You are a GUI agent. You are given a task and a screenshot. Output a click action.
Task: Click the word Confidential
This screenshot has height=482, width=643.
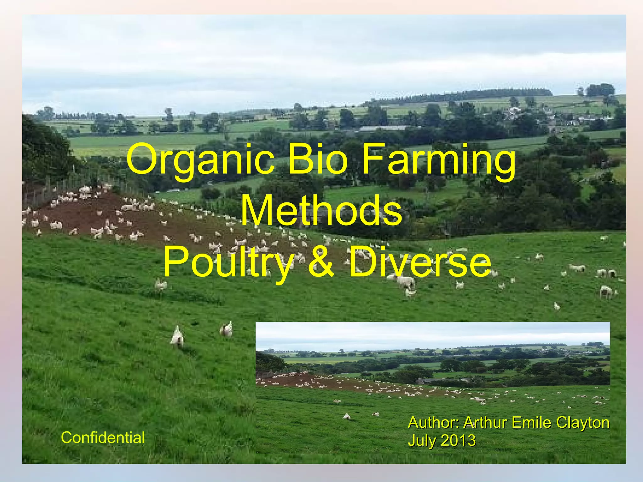[103, 437]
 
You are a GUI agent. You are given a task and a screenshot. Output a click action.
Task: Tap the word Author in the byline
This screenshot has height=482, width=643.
[434, 422]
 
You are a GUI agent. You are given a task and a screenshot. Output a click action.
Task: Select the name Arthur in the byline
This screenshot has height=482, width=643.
[485, 422]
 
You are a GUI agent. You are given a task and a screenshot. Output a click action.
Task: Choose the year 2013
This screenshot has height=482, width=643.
[458, 440]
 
